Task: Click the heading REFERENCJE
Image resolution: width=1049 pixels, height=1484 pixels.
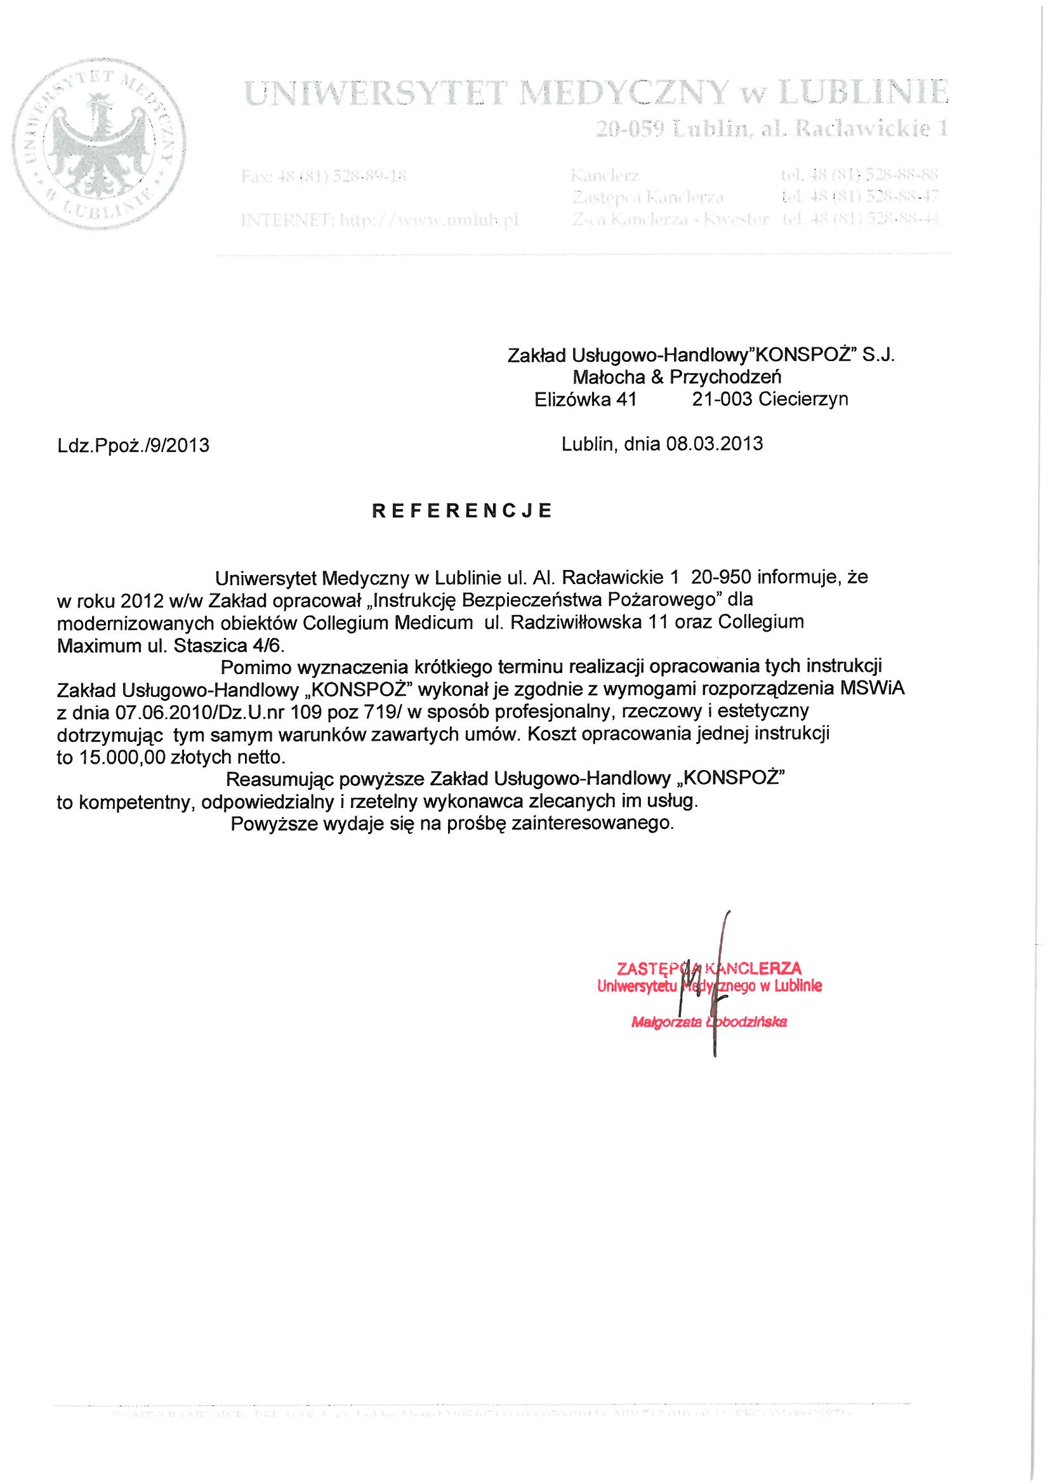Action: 462,510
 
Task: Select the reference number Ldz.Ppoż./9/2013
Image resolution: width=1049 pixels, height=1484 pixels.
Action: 133,446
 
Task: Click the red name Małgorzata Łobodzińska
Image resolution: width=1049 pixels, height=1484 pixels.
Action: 709,1023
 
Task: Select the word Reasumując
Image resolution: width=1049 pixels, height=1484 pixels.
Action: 280,779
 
